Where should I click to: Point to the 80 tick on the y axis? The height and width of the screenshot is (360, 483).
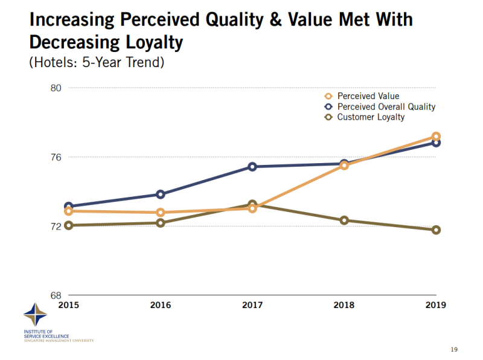[56, 88]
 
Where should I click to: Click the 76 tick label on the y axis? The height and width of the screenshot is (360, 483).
[56, 157]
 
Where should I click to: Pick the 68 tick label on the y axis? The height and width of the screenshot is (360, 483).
[56, 295]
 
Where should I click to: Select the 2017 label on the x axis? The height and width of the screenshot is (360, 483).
[252, 305]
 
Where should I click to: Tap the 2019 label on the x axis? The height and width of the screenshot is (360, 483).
[435, 305]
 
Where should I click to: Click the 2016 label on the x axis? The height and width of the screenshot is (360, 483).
[160, 305]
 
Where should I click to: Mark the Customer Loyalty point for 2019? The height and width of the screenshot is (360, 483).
[436, 230]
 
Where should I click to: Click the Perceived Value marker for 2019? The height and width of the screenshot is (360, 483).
[436, 137]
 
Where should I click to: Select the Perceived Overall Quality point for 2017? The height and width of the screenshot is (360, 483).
[252, 166]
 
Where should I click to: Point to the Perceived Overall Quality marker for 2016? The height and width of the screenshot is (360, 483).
[161, 194]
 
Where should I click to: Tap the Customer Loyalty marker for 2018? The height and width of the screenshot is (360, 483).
[344, 220]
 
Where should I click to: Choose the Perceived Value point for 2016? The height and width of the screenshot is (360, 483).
[161, 212]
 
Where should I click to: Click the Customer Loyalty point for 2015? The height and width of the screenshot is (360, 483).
[69, 225]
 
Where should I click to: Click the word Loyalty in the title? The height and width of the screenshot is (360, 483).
[149, 42]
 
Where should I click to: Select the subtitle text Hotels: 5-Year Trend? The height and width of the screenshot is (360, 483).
[96, 62]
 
